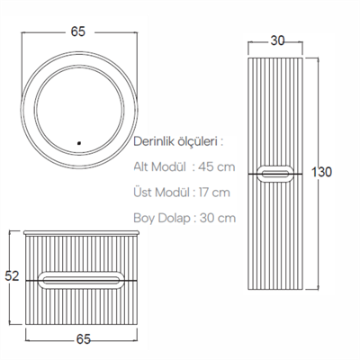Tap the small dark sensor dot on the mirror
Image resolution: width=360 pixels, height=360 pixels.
point(80,141)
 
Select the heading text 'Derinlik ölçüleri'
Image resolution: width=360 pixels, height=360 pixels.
point(176,141)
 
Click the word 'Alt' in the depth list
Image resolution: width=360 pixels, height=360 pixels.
point(144,166)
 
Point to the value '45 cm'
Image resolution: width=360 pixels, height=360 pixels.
point(219,166)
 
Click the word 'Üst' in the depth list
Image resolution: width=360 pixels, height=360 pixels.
point(145,193)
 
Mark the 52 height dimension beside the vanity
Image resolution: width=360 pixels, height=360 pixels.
point(11,277)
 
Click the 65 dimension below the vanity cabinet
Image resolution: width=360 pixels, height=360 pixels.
point(83,339)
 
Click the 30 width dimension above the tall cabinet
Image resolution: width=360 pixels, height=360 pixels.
point(279,40)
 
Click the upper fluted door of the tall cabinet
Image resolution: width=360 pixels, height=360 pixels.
point(280,108)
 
